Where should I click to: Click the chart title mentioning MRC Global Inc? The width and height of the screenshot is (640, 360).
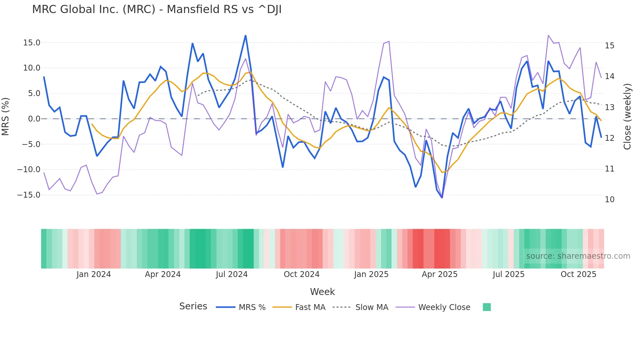pyautogui.click(x=157, y=9)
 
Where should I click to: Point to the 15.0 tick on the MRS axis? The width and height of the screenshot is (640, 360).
pyautogui.click(x=32, y=43)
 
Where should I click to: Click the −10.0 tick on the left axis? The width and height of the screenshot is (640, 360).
pyautogui.click(x=29, y=170)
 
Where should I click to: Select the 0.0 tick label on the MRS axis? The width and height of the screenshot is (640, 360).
pyautogui.click(x=34, y=119)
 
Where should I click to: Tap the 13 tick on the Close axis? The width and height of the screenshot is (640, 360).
pyautogui.click(x=609, y=107)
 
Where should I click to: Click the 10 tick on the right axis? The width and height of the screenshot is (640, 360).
pyautogui.click(x=609, y=200)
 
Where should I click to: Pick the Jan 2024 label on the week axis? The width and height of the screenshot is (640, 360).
pyautogui.click(x=94, y=274)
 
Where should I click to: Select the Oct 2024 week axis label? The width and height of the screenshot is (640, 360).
pyautogui.click(x=301, y=274)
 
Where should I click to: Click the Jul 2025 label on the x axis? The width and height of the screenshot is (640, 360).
pyautogui.click(x=508, y=274)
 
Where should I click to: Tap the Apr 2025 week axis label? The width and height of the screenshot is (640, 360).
pyautogui.click(x=440, y=274)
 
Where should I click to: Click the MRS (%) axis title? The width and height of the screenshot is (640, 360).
pyautogui.click(x=6, y=117)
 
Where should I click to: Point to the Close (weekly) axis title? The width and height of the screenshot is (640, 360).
pyautogui.click(x=627, y=117)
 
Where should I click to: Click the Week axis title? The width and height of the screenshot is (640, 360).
pyautogui.click(x=322, y=292)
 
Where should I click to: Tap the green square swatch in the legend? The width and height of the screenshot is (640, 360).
pyautogui.click(x=487, y=307)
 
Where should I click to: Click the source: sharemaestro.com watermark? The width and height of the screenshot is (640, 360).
pyautogui.click(x=578, y=256)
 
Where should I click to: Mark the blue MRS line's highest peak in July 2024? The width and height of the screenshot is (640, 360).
pyautogui.click(x=246, y=35)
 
